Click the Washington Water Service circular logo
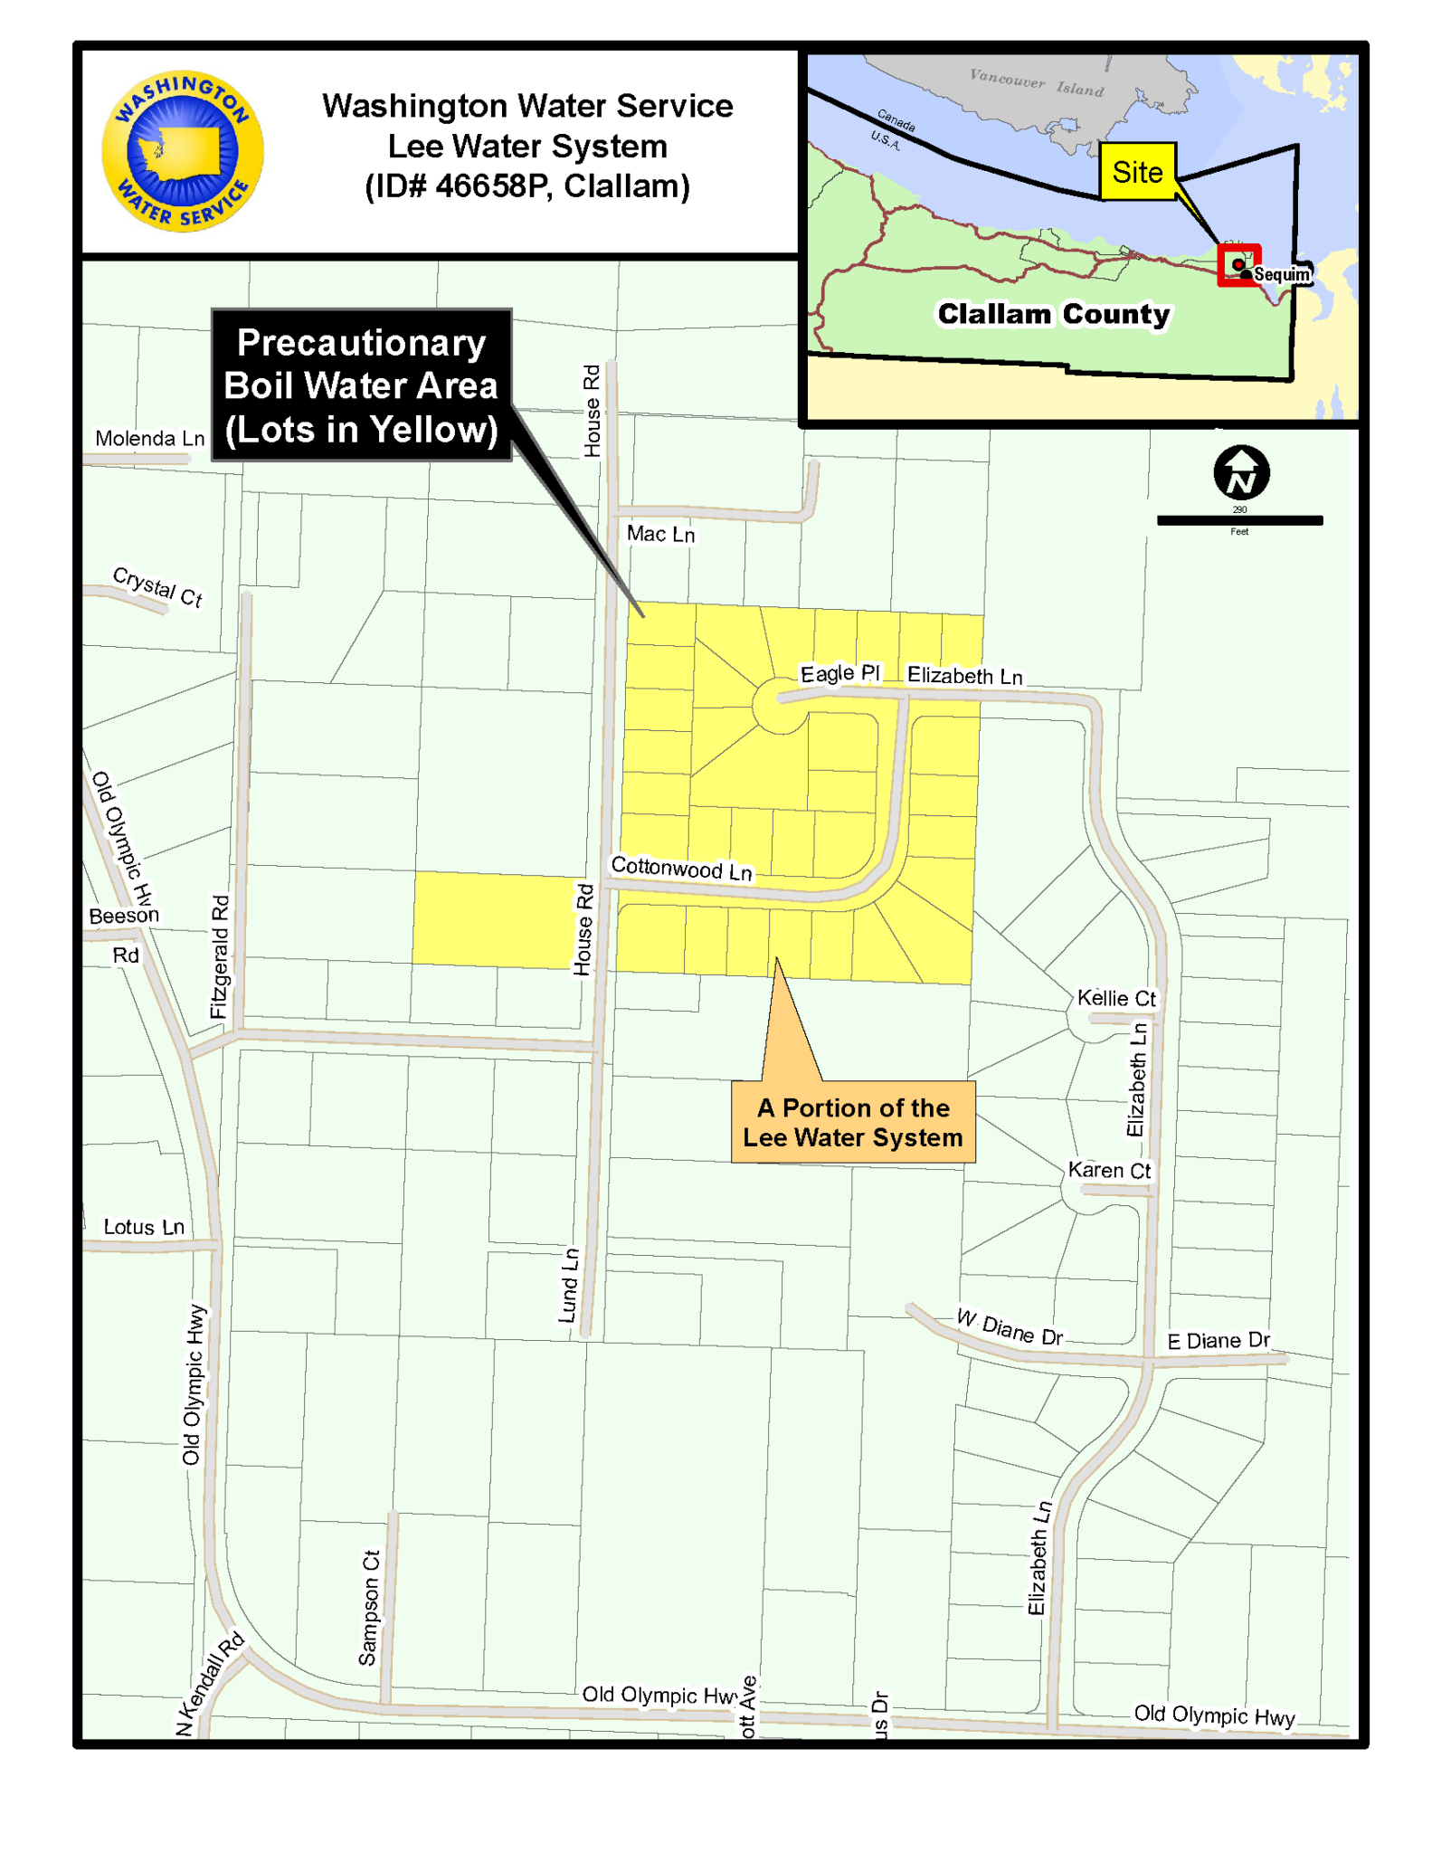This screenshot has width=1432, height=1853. click(182, 151)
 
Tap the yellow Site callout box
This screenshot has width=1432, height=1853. click(1137, 172)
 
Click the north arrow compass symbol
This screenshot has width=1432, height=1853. click(1240, 472)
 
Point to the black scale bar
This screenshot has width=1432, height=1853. click(1239, 520)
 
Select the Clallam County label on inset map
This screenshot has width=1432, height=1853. click(1053, 314)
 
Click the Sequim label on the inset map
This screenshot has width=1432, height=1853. click(1282, 275)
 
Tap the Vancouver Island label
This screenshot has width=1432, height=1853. click(1037, 82)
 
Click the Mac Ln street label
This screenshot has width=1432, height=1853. click(660, 535)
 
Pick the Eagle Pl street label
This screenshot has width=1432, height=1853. click(839, 673)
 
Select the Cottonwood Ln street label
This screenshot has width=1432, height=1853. click(681, 869)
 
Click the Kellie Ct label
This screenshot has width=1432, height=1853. click(1116, 998)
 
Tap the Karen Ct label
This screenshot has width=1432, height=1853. click(1109, 1170)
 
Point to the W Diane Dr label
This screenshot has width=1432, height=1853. click(1010, 1327)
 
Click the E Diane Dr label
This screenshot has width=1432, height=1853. click(1218, 1341)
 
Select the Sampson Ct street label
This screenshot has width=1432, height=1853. click(368, 1608)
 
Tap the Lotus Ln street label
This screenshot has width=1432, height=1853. click(144, 1227)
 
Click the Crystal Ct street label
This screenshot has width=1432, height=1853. click(157, 587)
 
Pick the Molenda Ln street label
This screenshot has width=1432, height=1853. click(150, 439)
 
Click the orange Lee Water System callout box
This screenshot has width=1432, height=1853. click(852, 1122)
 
